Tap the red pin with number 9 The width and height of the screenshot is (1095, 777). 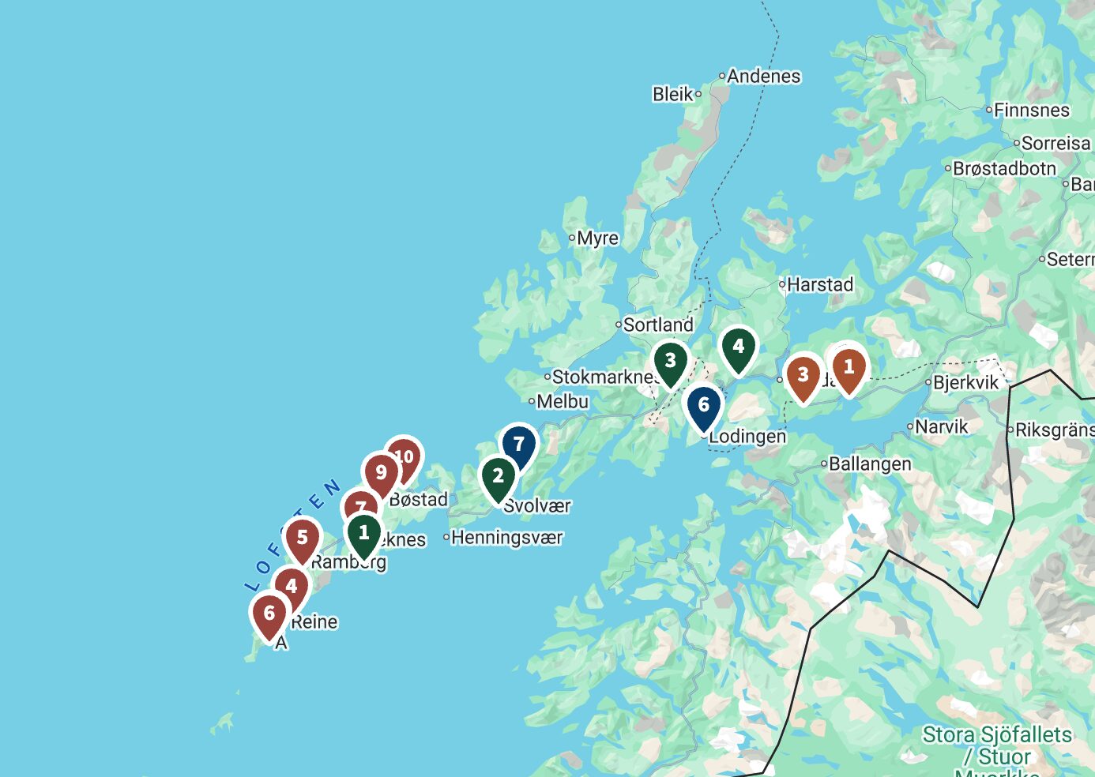[x=381, y=473]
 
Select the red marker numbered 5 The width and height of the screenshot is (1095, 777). [x=302, y=539]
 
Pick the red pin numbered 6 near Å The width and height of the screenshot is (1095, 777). [x=269, y=614]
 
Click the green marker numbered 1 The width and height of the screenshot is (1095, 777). [x=363, y=533]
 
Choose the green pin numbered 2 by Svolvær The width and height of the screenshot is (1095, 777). [x=498, y=476]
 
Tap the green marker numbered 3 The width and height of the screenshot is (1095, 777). [x=670, y=362]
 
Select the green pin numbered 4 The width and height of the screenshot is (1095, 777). [x=738, y=347]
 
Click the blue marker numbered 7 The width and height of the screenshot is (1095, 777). [x=518, y=445]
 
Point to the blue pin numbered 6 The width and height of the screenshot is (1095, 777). [x=703, y=406]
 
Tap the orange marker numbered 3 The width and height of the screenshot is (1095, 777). [x=803, y=375]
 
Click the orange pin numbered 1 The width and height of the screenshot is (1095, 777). [x=849, y=367]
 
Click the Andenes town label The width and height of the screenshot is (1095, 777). [x=763, y=77]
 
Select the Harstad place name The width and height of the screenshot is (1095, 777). [x=820, y=284]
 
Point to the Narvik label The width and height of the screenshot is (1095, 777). [x=941, y=427]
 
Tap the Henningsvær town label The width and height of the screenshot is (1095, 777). [x=506, y=538]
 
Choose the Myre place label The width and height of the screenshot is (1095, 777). [x=597, y=238]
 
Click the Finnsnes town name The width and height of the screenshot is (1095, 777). [x=1031, y=111]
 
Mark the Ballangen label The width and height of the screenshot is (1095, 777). [x=870, y=464]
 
